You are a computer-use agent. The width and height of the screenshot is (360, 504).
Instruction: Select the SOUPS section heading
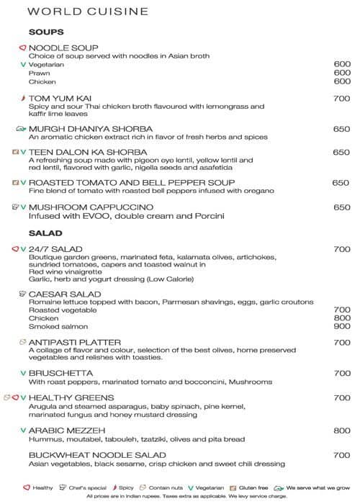click(46, 32)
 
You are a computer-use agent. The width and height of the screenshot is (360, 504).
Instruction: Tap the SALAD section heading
click(45, 234)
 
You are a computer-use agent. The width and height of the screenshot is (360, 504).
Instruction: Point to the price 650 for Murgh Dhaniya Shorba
click(341, 129)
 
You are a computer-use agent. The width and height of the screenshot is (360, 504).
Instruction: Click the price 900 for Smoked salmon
click(341, 326)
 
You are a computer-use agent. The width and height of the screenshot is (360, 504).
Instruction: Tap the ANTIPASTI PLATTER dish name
click(75, 343)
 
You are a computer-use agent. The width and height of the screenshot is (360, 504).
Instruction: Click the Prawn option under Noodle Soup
click(39, 73)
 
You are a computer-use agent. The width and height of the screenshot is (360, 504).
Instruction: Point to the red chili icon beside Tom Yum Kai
click(22, 99)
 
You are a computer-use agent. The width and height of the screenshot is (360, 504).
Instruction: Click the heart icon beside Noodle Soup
click(22, 48)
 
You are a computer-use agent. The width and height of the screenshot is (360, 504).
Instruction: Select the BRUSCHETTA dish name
click(61, 374)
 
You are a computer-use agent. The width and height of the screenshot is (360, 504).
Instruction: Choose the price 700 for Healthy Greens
click(341, 398)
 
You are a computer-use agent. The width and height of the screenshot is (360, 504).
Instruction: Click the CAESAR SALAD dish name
click(65, 294)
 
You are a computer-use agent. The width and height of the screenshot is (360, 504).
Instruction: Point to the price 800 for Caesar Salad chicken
click(341, 318)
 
